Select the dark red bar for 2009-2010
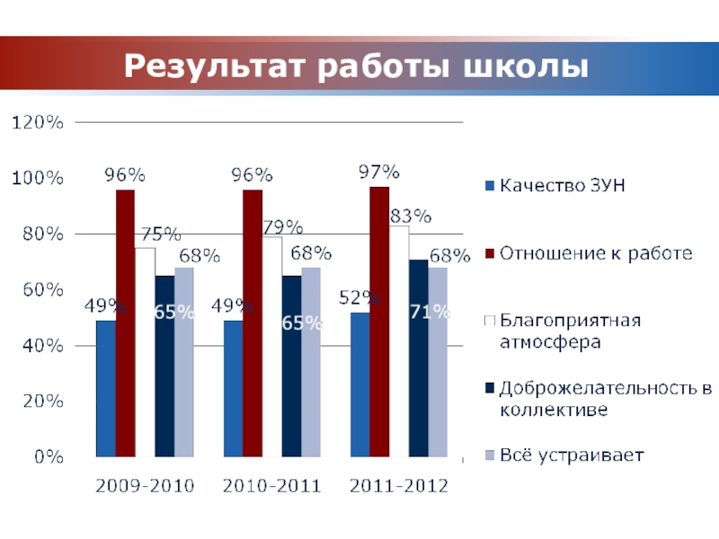pyautogui.click(x=125, y=323)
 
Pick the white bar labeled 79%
pyautogui.click(x=271, y=347)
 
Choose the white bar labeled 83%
pyautogui.click(x=398, y=341)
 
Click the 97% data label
pyautogui.click(x=378, y=171)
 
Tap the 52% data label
pyautogui.click(x=360, y=297)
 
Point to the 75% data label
pyautogui.click(x=158, y=234)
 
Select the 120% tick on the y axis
pyautogui.click(x=37, y=123)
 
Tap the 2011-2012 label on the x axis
pyautogui.click(x=399, y=487)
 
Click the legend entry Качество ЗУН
pyautogui.click(x=562, y=186)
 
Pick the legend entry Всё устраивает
pyautogui.click(x=572, y=455)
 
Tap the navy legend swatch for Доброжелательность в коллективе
pyautogui.click(x=489, y=388)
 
